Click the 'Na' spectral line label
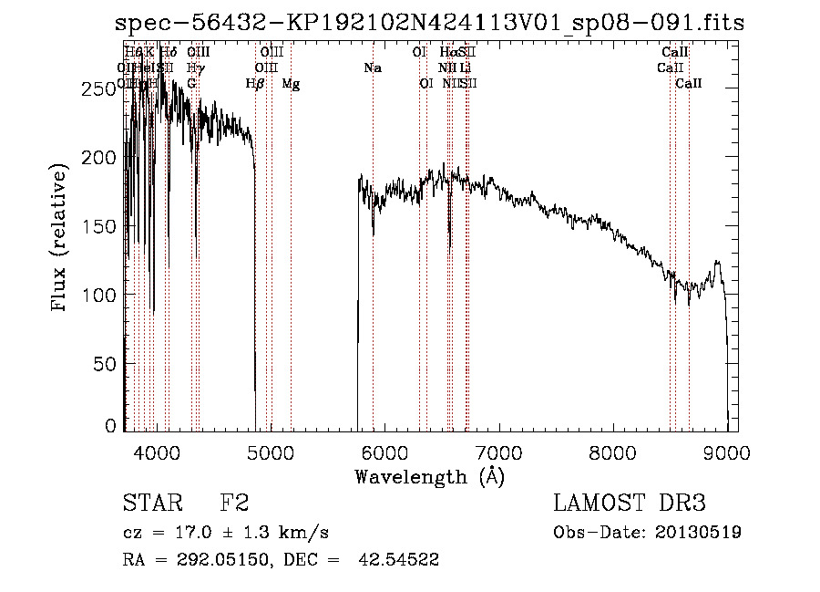373,68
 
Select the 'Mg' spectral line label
291,84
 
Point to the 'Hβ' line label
255,84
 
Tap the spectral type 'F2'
234,504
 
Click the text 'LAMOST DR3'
630,504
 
